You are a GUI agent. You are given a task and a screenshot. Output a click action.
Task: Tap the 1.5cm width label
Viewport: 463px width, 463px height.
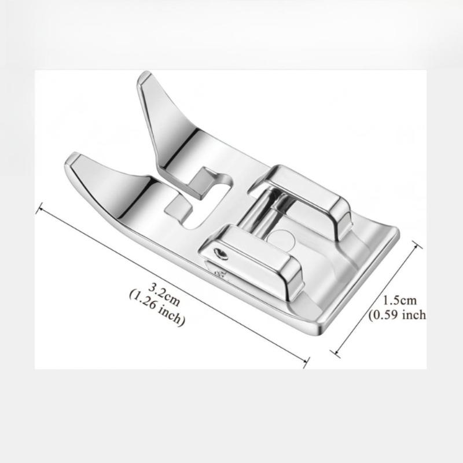[x=400, y=300]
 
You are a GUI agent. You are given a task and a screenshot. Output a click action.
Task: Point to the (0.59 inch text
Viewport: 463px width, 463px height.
[x=398, y=315]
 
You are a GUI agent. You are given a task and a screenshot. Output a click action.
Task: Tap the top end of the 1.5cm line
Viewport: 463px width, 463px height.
[x=417, y=245]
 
